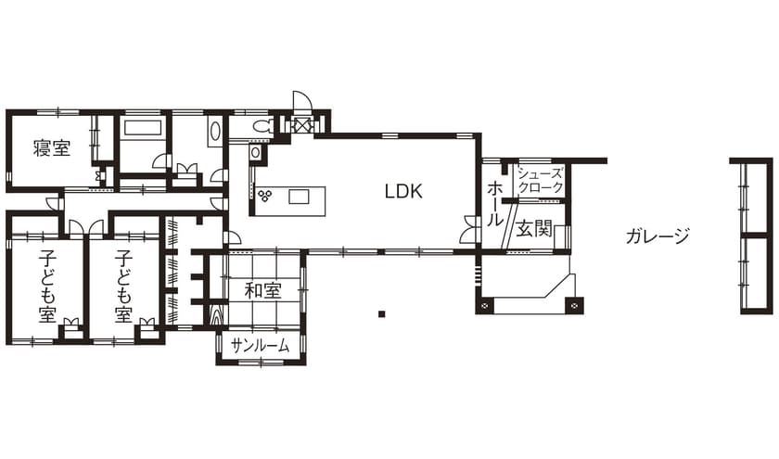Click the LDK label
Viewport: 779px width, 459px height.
pos(403,192)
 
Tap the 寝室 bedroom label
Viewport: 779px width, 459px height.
pos(51,148)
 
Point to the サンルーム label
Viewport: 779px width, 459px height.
pos(261,346)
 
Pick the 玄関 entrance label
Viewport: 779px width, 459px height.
pos(534,228)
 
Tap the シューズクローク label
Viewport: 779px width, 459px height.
pos(540,181)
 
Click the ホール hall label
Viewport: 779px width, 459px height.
pos(494,204)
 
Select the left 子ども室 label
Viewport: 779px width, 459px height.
pos(47,286)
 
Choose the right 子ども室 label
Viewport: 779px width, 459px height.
pos(123,286)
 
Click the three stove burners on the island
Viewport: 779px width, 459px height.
pos(266,196)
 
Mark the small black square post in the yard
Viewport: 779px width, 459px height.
pos(381,314)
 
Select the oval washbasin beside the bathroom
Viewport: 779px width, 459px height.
pos(216,131)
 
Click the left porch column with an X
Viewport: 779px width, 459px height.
pos(485,305)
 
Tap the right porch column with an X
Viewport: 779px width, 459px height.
pos(576,305)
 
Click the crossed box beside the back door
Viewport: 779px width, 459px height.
pos(301,125)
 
